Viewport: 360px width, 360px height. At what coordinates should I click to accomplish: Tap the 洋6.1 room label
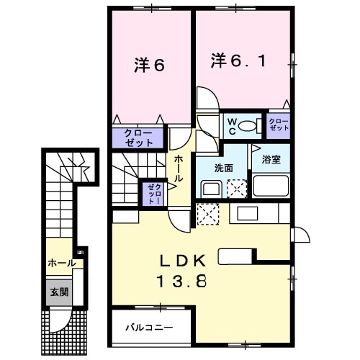click(x=242, y=60)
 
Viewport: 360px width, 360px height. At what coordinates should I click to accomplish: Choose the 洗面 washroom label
click(x=224, y=168)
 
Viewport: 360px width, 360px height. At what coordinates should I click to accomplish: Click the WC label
click(x=232, y=127)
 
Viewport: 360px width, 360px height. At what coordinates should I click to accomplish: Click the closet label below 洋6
click(x=139, y=137)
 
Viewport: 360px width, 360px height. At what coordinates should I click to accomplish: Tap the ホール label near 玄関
click(x=60, y=264)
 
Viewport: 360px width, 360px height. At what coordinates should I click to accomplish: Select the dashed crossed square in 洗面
click(x=235, y=189)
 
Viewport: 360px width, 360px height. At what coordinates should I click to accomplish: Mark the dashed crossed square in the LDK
click(x=207, y=214)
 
